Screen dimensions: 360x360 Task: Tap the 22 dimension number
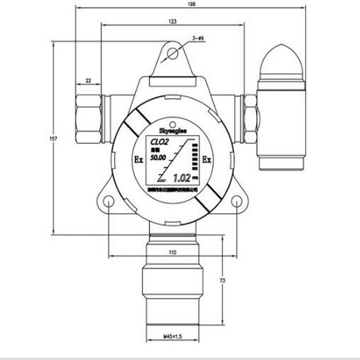coord(88,81)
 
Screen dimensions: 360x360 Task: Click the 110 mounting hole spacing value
coord(173,252)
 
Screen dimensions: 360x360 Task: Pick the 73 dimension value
coord(222,280)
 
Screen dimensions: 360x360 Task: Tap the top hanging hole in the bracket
coord(173,54)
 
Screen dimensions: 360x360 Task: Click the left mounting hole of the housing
coord(109,201)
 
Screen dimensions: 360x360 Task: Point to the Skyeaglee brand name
coord(172,130)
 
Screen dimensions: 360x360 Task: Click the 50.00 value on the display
coord(158,158)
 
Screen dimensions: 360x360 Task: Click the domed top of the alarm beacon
coord(281,60)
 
